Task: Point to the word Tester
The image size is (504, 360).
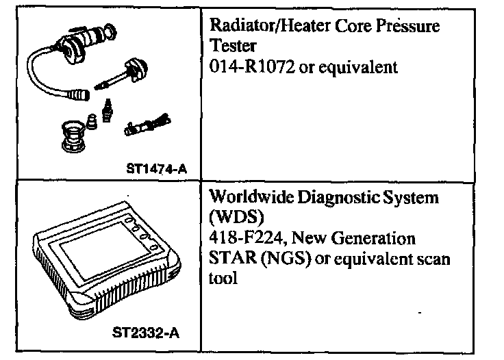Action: point(228,48)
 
